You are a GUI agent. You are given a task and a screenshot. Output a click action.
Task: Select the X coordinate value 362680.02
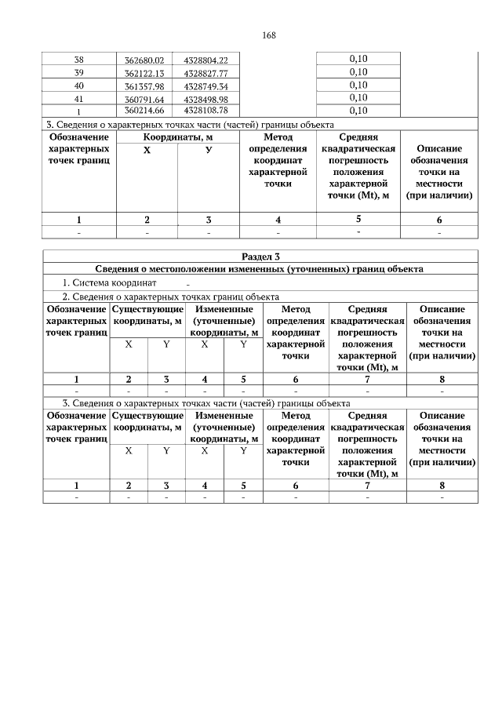(144, 60)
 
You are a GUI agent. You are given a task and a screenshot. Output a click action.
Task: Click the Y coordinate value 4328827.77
(206, 72)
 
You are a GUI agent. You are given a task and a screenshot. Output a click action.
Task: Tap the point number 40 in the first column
(78, 85)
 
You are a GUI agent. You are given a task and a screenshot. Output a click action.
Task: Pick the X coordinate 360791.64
(144, 97)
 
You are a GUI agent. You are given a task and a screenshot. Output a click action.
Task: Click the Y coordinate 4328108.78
(206, 110)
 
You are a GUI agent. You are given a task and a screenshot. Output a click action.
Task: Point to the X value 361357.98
(144, 85)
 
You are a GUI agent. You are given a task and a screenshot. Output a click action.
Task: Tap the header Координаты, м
(178, 137)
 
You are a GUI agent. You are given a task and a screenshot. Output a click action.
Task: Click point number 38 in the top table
(78, 60)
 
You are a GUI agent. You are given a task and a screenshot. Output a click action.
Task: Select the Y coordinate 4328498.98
(206, 97)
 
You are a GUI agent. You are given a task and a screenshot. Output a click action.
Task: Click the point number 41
(78, 97)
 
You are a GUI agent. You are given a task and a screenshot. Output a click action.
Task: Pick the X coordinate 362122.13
(144, 72)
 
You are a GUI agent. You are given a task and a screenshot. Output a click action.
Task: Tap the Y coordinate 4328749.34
(206, 85)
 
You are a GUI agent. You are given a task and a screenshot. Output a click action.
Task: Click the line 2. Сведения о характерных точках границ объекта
(171, 297)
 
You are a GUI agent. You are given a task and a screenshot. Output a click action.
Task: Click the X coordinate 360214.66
(144, 110)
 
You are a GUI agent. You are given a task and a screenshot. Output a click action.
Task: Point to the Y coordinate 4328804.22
(206, 60)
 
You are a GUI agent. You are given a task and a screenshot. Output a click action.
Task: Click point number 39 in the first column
(78, 72)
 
